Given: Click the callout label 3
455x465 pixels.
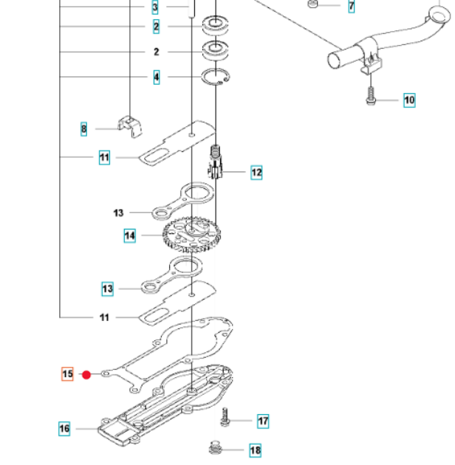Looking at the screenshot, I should [x=156, y=8].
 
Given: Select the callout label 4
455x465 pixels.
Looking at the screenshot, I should [x=156, y=77].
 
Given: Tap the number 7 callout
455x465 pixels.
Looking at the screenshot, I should [x=351, y=7].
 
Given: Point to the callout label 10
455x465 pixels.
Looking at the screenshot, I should [x=409, y=100].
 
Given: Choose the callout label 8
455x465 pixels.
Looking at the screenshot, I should [x=84, y=130].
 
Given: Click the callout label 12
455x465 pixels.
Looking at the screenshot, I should [x=256, y=173].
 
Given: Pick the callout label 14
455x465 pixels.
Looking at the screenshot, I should [x=130, y=236].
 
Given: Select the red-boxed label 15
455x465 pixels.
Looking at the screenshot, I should [x=67, y=374].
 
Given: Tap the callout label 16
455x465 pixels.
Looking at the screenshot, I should [x=64, y=428].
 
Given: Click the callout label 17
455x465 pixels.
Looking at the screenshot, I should [x=263, y=421].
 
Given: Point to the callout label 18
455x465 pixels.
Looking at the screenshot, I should [x=255, y=450].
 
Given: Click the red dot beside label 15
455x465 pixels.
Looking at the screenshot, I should [x=86, y=374].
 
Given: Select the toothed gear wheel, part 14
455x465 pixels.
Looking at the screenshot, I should [x=190, y=235].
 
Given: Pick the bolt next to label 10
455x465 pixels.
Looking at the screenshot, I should [x=369, y=95].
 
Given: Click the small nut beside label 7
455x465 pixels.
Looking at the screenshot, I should [x=314, y=6].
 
